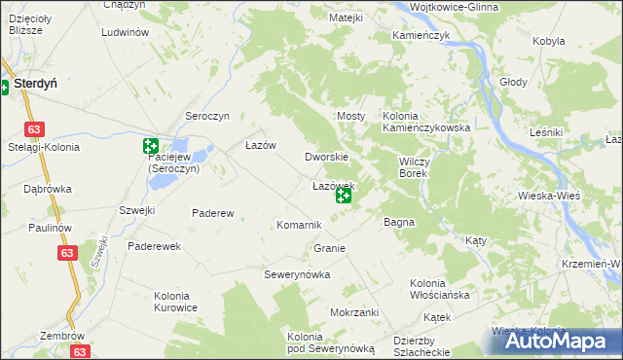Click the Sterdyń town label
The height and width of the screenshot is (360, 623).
click(x=34, y=85)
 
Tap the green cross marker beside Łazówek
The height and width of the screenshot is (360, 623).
click(x=344, y=197)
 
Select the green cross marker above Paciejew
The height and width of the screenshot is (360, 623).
click(x=151, y=147)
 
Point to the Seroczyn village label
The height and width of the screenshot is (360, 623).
click(x=206, y=116)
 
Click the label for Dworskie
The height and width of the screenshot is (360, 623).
click(x=326, y=157)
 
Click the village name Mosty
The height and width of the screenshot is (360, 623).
click(x=350, y=116)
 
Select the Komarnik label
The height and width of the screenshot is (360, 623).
click(x=299, y=225)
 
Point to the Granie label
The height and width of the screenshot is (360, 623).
click(x=330, y=248)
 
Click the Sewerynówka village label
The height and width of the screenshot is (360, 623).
click(x=298, y=274)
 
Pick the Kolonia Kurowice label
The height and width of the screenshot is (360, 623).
click(x=175, y=302)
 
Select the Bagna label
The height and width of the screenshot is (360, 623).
click(x=399, y=222)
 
